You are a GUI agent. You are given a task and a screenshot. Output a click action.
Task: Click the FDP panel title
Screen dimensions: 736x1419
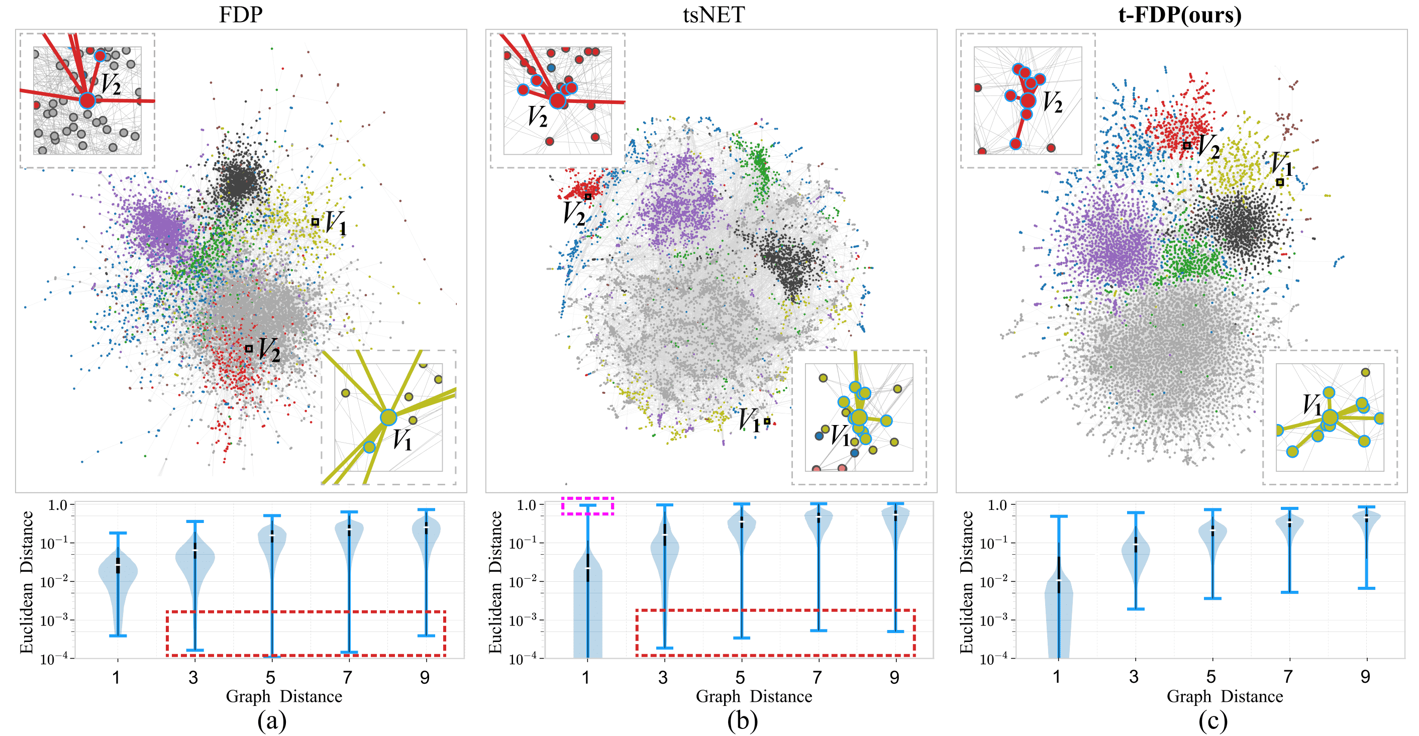coord(241,15)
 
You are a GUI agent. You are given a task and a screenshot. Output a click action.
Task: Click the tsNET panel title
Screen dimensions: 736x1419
coord(714,15)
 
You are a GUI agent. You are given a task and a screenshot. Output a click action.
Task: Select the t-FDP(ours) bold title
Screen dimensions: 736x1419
coord(1180,15)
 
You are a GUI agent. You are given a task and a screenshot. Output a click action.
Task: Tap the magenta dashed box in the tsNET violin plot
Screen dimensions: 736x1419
coord(587,506)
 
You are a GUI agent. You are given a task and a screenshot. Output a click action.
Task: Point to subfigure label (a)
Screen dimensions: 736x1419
coord(271,720)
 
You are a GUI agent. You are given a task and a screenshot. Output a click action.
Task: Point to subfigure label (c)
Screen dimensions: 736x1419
coord(1212,720)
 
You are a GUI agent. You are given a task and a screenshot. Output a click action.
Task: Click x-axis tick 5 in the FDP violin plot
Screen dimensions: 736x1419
coord(270,677)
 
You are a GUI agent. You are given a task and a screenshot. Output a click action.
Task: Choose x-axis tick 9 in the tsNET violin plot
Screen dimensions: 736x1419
coord(894,677)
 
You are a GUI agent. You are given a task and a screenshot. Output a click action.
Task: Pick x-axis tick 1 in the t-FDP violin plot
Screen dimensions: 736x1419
coord(1057,677)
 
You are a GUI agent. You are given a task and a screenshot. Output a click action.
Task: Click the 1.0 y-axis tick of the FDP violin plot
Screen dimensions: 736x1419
coord(57,505)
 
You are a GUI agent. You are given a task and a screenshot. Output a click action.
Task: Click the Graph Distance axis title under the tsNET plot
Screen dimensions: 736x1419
coord(754,696)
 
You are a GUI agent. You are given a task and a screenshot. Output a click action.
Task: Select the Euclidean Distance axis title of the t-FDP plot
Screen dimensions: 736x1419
coord(967,582)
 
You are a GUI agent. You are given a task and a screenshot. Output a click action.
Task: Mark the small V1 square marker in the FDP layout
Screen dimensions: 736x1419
coord(315,222)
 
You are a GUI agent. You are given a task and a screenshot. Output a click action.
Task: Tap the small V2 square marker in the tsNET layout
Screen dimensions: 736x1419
coord(588,196)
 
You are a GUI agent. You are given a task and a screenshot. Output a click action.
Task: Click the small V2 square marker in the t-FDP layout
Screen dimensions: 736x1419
coord(1187,145)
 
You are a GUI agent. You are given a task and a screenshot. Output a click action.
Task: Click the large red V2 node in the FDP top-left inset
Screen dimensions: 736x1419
coord(87,100)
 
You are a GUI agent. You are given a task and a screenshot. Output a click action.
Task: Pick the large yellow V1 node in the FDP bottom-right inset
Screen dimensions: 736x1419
coord(388,417)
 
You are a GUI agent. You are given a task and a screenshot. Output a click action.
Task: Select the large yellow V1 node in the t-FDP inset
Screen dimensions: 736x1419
coord(1330,417)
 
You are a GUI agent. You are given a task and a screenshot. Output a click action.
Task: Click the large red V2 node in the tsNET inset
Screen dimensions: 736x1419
coord(557,100)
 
